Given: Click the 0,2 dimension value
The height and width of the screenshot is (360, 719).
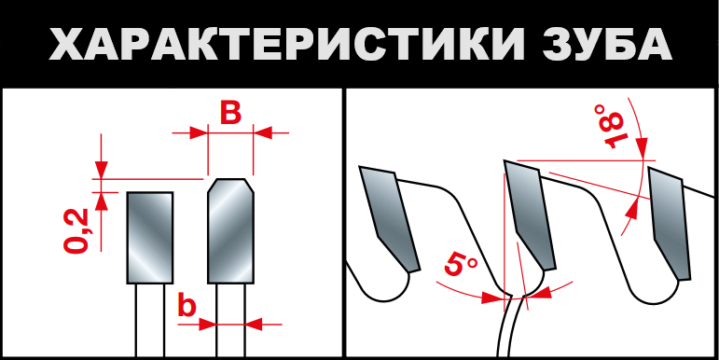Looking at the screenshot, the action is click(x=76, y=230).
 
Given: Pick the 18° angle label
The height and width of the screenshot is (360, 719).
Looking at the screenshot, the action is click(x=610, y=127).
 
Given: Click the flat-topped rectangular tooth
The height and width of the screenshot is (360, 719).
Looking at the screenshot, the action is click(x=150, y=238).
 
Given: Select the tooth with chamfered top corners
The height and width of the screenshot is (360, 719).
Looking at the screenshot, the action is click(x=230, y=230).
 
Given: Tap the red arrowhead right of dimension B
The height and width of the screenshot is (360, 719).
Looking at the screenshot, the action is click(x=263, y=133).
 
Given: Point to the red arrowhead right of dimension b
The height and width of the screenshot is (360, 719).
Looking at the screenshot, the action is click(x=254, y=325).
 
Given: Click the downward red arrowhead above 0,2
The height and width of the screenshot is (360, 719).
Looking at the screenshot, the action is click(x=102, y=169).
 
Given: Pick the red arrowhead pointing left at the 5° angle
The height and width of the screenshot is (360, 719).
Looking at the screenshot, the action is click(x=542, y=293).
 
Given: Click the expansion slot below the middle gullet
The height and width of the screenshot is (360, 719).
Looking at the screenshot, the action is click(x=508, y=326).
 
